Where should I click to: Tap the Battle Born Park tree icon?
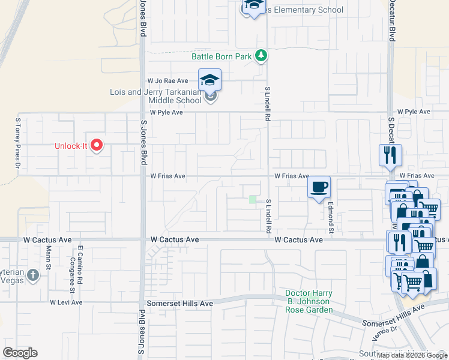coord(261,56)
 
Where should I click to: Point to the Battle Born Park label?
coord(221,57)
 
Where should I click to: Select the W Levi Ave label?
coord(66,302)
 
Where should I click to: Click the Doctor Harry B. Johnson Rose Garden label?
coord(309,301)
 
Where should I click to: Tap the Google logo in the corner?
coord(20,352)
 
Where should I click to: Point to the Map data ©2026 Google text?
coord(412,355)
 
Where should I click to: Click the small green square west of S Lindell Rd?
coord(253,200)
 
